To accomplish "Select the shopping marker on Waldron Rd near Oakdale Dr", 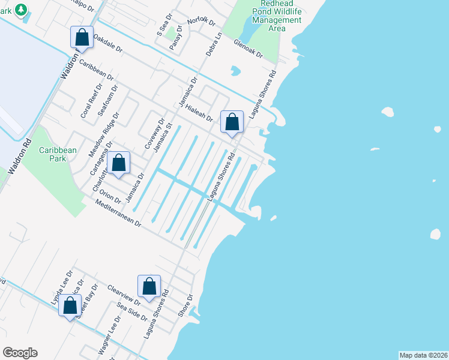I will click(82, 37).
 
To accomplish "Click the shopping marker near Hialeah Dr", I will click(232, 122).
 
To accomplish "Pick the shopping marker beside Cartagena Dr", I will click(119, 163).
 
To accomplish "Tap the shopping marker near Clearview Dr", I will click(149, 287).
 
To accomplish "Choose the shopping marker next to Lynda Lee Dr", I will click(70, 305).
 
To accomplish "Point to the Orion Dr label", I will click(110, 196).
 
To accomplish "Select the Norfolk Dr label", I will click(201, 21).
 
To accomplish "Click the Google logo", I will click(20, 353).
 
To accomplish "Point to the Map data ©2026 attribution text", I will click(423, 355).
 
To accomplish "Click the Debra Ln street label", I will click(214, 45).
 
